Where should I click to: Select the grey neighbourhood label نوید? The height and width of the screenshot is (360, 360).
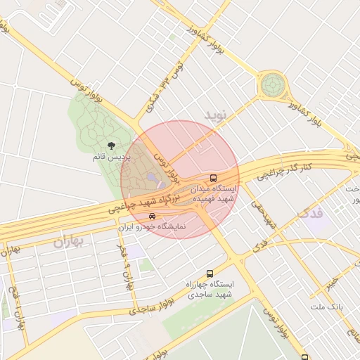coord(217,114)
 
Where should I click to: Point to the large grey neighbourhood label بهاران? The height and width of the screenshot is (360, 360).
coord(68,242)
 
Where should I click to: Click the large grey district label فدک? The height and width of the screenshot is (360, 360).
coord(311,213)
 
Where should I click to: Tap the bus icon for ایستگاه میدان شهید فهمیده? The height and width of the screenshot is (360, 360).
coord(214,178)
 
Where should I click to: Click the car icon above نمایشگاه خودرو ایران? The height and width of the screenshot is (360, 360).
coord(152,216)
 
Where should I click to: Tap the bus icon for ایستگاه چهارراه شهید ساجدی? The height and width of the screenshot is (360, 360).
coord(209,274)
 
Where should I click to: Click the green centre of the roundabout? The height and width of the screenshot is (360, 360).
coord(272,86)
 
